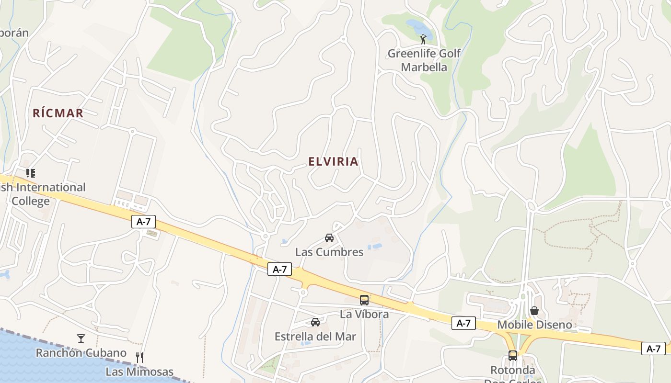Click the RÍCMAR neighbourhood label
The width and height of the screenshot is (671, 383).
58,113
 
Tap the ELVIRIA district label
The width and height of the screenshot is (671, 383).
333,161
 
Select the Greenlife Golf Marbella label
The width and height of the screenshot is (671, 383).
424,60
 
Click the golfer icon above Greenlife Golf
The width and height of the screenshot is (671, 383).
423,39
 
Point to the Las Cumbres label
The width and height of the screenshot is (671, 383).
329,252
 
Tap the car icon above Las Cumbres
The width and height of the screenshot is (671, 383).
329,237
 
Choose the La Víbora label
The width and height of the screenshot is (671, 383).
364,314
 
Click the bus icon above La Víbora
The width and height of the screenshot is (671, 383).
364,300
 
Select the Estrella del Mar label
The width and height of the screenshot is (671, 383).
315,337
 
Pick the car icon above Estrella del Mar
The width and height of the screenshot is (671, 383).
315,322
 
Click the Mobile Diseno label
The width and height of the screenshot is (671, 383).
534,325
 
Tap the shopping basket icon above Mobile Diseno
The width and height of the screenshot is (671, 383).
534,311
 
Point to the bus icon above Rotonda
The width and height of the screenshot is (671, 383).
513,356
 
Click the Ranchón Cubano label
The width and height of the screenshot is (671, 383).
81,353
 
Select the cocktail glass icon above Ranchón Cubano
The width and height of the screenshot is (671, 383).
81,338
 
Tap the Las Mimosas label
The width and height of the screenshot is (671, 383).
139,372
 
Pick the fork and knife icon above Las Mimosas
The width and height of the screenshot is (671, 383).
139,357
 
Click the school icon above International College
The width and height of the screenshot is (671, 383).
31,173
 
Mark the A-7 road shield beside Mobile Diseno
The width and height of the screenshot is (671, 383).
463,323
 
